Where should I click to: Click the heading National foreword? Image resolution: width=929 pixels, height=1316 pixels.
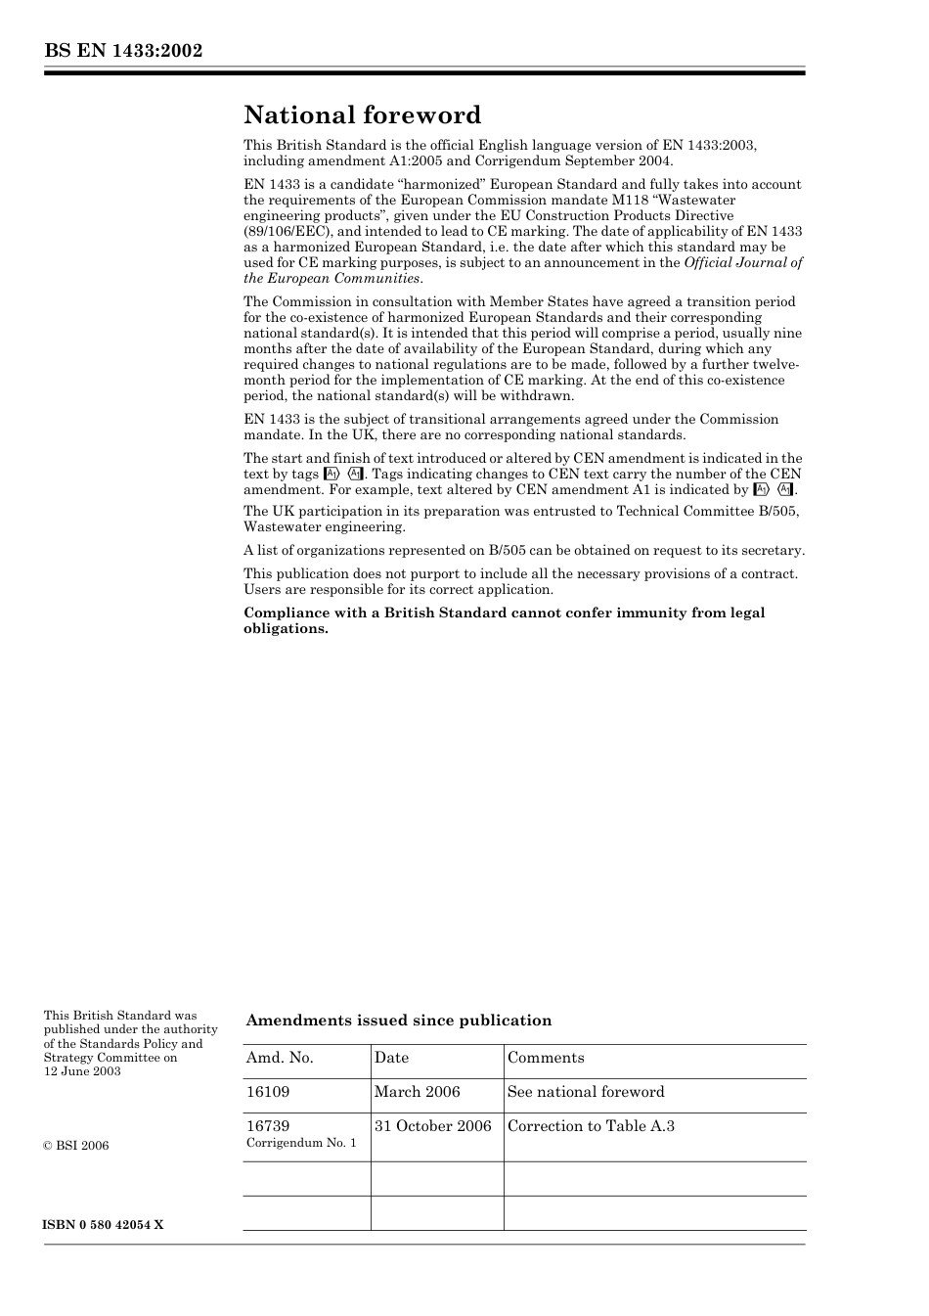point(363,115)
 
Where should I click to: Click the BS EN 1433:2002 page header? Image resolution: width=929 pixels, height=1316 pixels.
point(123,51)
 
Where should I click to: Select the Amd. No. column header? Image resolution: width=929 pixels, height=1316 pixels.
point(280,1058)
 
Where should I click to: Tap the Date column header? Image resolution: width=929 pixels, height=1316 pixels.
point(391,1058)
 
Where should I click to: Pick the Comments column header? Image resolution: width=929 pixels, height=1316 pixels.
point(546,1058)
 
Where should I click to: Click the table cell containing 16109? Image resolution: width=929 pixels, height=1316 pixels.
point(268,1092)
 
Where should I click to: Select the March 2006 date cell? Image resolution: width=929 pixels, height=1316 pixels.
point(417,1092)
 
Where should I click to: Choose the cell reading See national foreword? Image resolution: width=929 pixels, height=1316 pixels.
point(586,1092)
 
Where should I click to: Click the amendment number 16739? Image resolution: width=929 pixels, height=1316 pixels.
point(268,1126)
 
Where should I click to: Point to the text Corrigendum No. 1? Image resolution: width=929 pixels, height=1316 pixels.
point(301,1143)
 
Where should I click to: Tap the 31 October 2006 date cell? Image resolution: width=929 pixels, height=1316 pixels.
point(432,1126)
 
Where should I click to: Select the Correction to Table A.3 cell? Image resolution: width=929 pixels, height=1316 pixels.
point(591,1126)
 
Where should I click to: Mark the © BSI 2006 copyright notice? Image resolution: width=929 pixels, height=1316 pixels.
point(76,1146)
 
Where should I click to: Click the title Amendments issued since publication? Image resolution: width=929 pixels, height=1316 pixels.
point(398,1021)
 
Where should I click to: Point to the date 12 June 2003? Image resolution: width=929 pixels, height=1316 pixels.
point(82,1071)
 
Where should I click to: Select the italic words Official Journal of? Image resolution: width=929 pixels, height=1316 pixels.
point(743,263)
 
